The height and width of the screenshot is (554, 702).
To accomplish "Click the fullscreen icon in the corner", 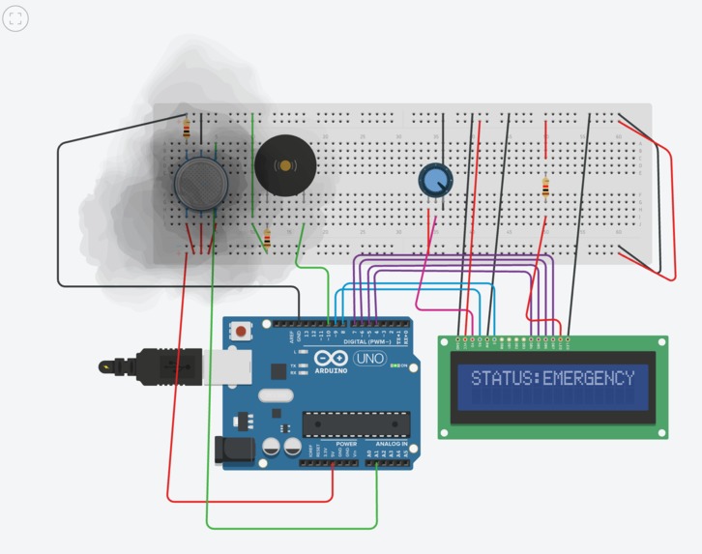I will tap(15, 17).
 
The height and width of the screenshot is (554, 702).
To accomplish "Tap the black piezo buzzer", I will tap(285, 165).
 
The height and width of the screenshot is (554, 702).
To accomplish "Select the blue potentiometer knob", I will tap(434, 180).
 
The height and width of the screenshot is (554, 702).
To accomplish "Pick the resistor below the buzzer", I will tap(266, 237).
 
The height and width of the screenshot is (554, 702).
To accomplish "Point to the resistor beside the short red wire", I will tap(546, 188).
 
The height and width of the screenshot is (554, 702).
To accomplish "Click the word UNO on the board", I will tap(369, 359).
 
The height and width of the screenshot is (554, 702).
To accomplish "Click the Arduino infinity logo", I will tap(331, 358).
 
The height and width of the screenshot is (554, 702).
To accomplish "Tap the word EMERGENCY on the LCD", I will tap(589, 378).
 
